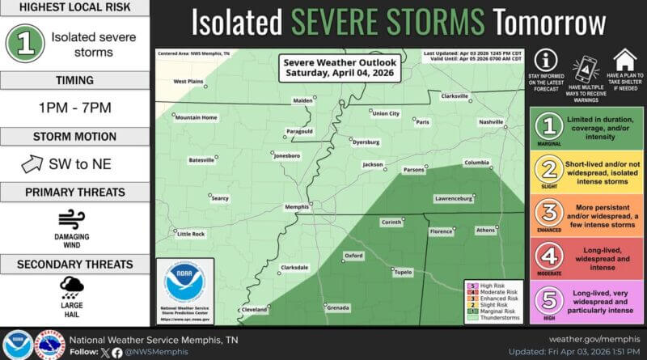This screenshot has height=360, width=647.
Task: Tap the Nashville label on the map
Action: pyautogui.click(x=491, y=121)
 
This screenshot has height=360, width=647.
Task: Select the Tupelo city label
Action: pyautogui.click(x=402, y=272)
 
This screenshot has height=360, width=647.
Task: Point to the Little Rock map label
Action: pyautogui.click(x=192, y=234)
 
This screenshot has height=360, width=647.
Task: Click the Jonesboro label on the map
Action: pyautogui.click(x=287, y=155)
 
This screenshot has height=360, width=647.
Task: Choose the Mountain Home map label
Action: pyautogui.click(x=197, y=117)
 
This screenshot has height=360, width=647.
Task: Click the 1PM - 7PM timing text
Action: pyautogui.click(x=73, y=108)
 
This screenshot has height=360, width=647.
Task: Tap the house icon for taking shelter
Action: pyautogui.click(x=624, y=60)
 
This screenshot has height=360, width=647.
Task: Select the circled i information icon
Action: pyautogui.click(x=548, y=60)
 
